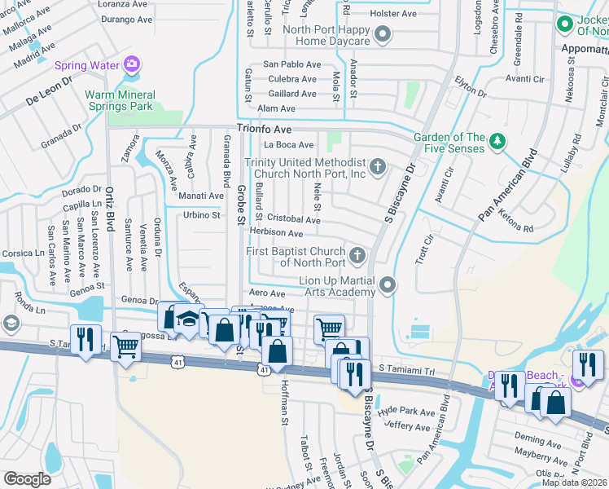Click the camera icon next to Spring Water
pos(132,64)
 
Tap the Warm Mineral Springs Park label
pos(119,100)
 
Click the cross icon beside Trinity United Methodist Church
pos(376,167)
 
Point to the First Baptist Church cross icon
pos(357,257)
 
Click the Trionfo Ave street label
pos(264,129)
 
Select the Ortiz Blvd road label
pos(107,210)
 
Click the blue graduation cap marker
pos(189,318)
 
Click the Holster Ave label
pos(392,14)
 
